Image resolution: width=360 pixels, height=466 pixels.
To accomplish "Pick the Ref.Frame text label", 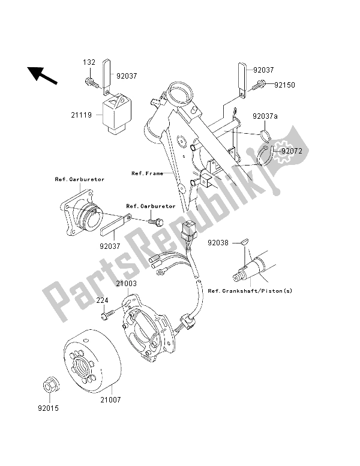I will coord(147,173).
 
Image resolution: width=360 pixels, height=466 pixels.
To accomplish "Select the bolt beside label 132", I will coord(90,80).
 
